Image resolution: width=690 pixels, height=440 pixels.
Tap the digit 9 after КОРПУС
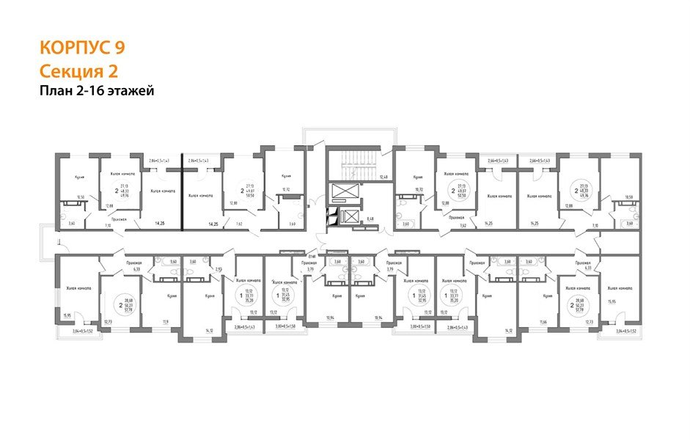tap(119, 48)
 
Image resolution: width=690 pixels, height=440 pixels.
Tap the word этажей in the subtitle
tap(131, 91)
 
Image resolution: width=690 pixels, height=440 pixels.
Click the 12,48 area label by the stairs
tap(382, 177)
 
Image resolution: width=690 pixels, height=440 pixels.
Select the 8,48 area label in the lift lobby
tap(371, 218)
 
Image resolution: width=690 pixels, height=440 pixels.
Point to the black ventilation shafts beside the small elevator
tap(332, 217)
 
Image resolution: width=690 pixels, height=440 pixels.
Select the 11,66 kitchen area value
tap(543, 321)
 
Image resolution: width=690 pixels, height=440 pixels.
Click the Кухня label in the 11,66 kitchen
tap(547, 296)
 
